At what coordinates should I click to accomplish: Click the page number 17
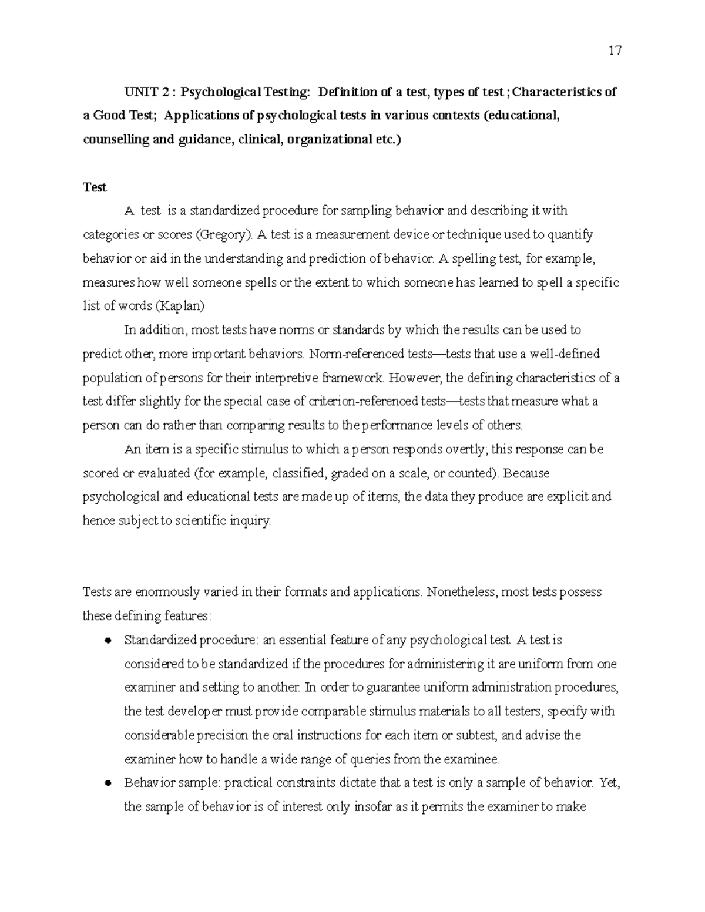click(x=615, y=51)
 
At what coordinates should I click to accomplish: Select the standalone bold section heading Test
click(x=95, y=187)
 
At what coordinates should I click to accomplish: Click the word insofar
click(x=374, y=807)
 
